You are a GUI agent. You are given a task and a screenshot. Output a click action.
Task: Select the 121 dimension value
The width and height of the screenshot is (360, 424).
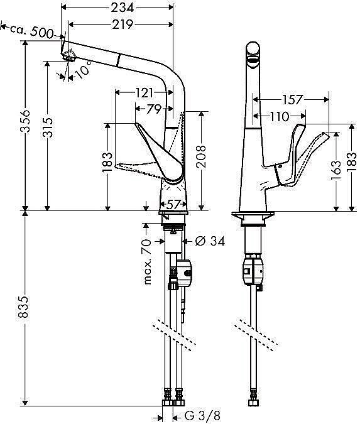coord(145,92)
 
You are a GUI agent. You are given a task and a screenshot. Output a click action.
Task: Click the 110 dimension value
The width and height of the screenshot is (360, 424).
coord(281,116)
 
